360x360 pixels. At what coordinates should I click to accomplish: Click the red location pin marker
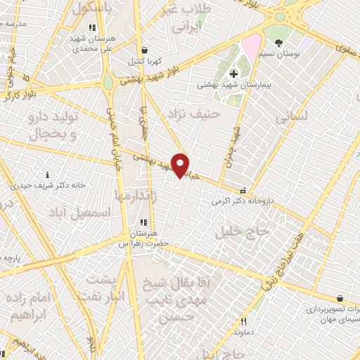tap(181, 165)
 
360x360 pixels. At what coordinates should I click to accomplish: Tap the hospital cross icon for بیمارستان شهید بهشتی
tap(234, 74)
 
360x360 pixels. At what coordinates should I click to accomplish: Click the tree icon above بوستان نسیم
tap(279, 43)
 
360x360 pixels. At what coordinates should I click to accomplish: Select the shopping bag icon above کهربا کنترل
tap(143, 51)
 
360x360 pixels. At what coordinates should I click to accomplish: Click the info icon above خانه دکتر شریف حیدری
tap(48, 174)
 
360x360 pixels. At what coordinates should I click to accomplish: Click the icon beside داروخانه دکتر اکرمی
tap(243, 189)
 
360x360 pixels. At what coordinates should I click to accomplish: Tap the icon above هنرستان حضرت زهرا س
tap(143, 223)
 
